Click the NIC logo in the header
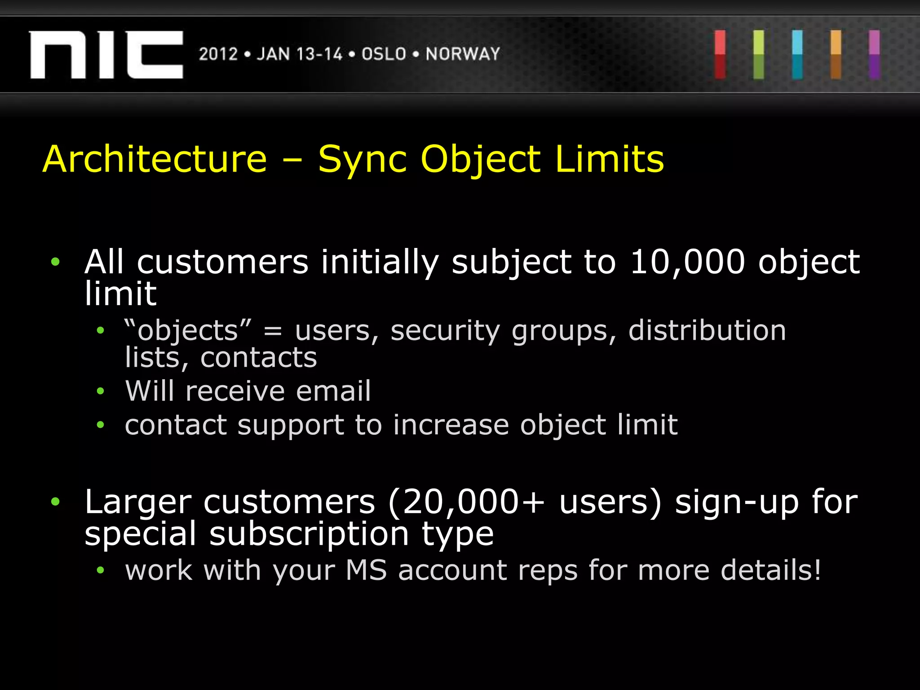tap(106, 55)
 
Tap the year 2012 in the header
tap(218, 54)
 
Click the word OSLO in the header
tap(384, 54)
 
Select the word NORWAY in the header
tap(463, 54)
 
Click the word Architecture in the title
tap(155, 159)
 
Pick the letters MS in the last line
tap(366, 571)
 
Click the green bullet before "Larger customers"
tap(55, 501)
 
